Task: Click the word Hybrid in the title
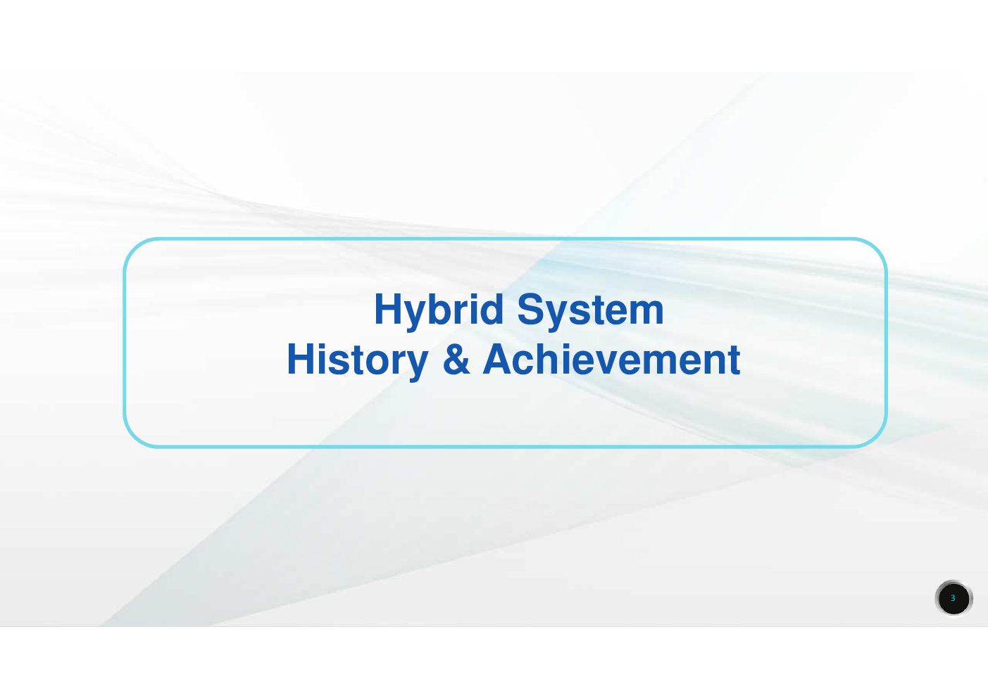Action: click(x=439, y=312)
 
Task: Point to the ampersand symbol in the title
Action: click(x=456, y=359)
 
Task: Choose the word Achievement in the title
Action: click(x=612, y=359)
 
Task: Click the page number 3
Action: click(x=953, y=598)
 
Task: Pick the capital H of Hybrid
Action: click(x=388, y=309)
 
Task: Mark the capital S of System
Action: click(x=531, y=309)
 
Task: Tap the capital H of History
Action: click(x=301, y=359)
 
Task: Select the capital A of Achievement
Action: click(x=499, y=359)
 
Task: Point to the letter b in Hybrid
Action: click(x=441, y=309)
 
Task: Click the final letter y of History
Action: click(x=415, y=367)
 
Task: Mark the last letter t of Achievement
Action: click(x=734, y=360)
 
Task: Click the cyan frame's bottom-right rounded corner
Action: click(x=877, y=438)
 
